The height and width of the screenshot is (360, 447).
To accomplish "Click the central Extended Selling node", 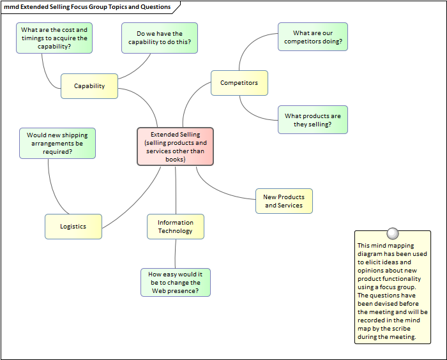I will tap(175, 146).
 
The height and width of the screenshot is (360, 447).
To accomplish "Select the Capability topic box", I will tap(89, 86).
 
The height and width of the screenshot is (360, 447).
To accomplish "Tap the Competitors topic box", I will tap(239, 83).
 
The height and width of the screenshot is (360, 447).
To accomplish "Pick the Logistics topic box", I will tap(73, 227).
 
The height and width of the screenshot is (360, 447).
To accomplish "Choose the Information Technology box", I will tap(175, 227).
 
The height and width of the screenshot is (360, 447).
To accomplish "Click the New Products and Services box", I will tap(284, 201).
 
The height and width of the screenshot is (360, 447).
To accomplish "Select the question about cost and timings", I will tap(54, 38).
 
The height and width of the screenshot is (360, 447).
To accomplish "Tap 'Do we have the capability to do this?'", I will tap(159, 38).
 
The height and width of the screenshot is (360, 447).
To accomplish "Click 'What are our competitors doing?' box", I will tap(313, 37).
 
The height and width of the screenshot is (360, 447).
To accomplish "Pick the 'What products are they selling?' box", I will tap(313, 120).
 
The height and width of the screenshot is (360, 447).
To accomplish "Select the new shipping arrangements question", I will tap(57, 143).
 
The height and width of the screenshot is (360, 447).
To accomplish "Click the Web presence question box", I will tap(175, 282).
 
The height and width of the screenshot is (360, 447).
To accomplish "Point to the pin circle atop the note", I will tap(393, 234).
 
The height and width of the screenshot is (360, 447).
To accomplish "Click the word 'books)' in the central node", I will tap(175, 159).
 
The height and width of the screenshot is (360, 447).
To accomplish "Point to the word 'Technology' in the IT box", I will tap(175, 231).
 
